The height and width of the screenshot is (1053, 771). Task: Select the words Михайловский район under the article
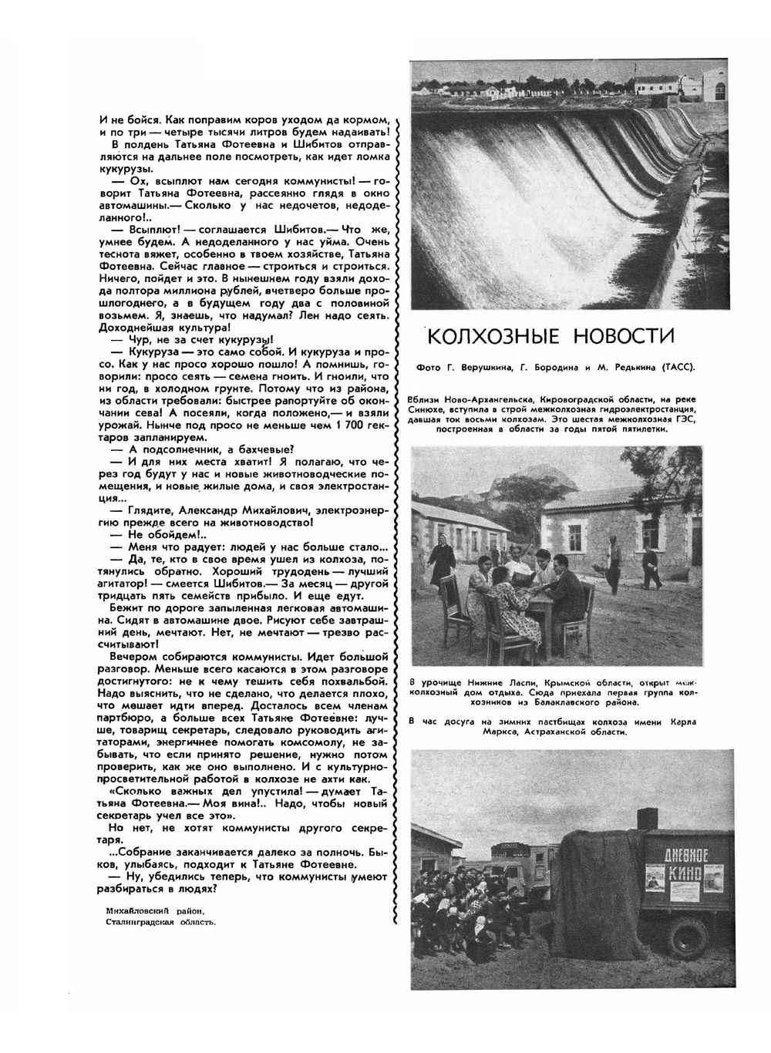pos(157,910)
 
